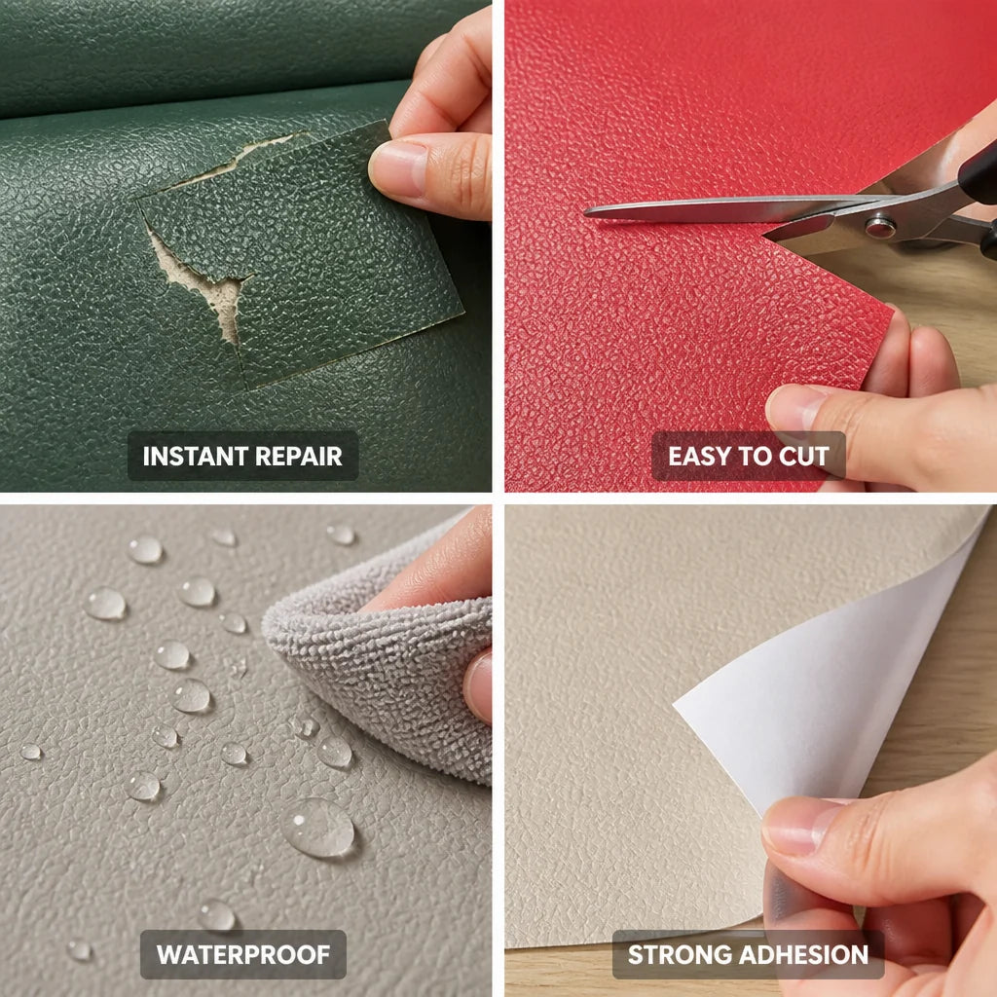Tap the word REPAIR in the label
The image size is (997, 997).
point(298,456)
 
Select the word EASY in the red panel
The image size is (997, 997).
point(698,456)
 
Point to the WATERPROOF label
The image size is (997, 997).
point(243,954)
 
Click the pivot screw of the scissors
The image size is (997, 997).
point(880,226)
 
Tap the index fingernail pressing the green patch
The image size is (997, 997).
point(397,167)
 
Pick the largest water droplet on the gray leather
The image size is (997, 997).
point(318,828)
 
